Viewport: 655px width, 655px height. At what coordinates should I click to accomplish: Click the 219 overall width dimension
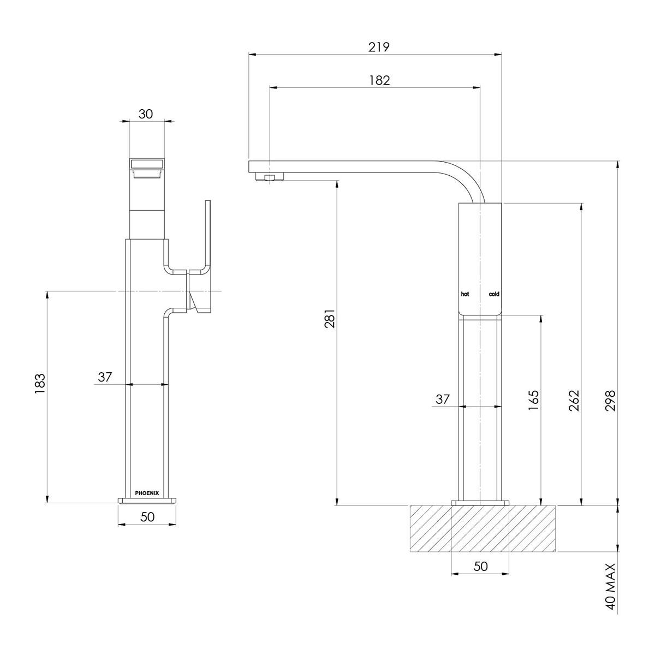pos(378,47)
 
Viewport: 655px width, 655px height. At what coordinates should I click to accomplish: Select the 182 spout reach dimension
pos(379,80)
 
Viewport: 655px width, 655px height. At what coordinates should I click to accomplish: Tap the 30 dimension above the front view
pos(146,114)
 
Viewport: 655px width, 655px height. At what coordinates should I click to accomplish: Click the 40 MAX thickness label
pos(611,586)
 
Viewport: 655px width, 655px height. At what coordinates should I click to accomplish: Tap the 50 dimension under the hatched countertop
pos(480,567)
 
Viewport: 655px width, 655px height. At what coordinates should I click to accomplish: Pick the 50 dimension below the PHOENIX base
pos(147,517)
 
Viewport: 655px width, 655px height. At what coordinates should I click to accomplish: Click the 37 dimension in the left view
pos(105,377)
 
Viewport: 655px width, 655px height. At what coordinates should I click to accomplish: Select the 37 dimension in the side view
pos(442,399)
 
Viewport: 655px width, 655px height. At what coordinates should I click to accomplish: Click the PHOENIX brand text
pos(147,493)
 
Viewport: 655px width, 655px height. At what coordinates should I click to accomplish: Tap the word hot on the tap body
pos(465,294)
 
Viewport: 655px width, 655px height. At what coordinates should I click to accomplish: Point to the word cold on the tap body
pos(493,294)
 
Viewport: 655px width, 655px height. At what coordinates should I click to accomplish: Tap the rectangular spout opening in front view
pos(147,164)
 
